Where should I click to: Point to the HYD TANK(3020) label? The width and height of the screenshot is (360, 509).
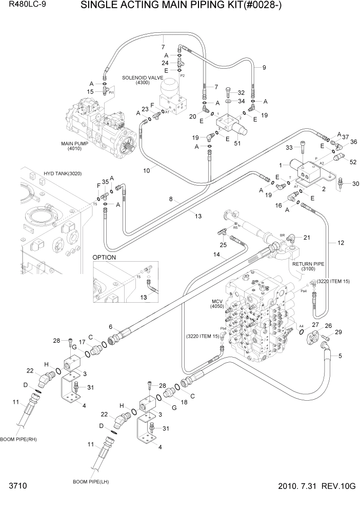[x=63, y=173]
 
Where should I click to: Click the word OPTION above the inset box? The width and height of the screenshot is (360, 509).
[x=104, y=257]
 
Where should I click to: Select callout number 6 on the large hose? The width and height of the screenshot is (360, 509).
[x=110, y=327]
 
